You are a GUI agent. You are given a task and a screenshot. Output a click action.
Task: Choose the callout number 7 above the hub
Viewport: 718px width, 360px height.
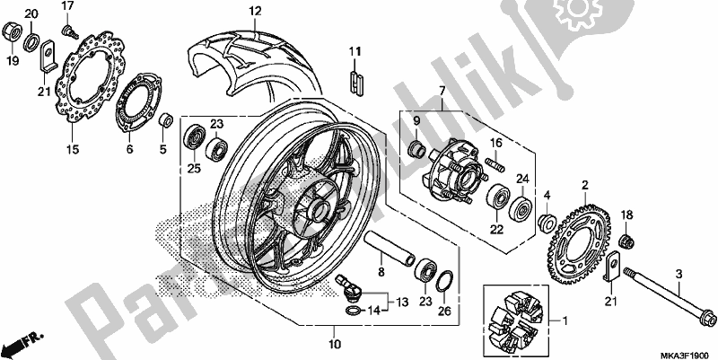[x=442, y=92]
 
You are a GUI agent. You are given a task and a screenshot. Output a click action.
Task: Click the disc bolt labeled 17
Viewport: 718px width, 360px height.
[x=67, y=32]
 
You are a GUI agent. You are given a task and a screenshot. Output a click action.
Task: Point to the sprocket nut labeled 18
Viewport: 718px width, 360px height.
[x=626, y=238]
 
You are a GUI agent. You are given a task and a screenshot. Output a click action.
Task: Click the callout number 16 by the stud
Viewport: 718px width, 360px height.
[x=496, y=143]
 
